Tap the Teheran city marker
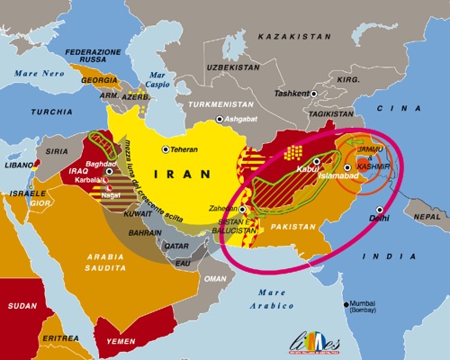pos(164,149)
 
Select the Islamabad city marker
pos(347,167)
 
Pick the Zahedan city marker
pos(242,209)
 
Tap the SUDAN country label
pos(22,305)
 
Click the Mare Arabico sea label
pos(271,299)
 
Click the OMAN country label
pos(213,280)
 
